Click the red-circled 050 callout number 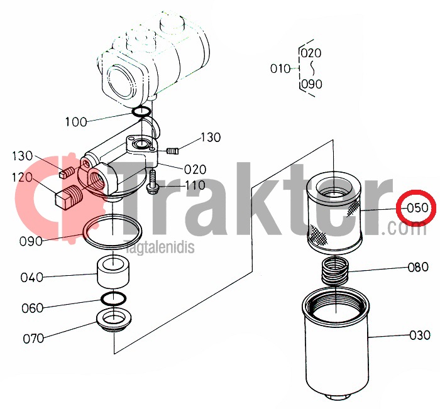pyautogui.click(x=418, y=208)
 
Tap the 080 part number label pyautogui.click(x=418, y=267)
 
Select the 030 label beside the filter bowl pyautogui.click(x=420, y=335)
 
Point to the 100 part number pyautogui.click(x=76, y=122)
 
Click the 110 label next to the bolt pyautogui.click(x=195, y=185)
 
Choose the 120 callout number pyautogui.click(x=23, y=177)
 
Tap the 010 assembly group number pyautogui.click(x=280, y=68)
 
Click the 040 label pyautogui.click(x=31, y=278)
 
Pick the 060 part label pyautogui.click(x=32, y=308)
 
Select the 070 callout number pyautogui.click(x=33, y=339)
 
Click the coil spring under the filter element pyautogui.click(x=335, y=271)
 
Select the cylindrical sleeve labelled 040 pyautogui.click(x=113, y=271)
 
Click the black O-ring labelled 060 pyautogui.click(x=113, y=299)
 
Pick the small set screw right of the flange pyautogui.click(x=173, y=151)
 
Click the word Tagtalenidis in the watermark pyautogui.click(x=160, y=247)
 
